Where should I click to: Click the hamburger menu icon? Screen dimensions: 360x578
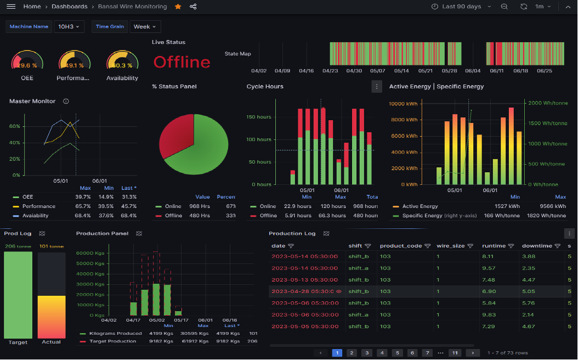click(11, 7)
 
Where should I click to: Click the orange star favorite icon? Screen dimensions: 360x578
click(178, 7)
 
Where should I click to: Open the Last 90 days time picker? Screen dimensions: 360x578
click(456, 7)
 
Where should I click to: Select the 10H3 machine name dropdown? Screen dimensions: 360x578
click(69, 26)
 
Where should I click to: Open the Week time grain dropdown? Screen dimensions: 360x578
click(145, 26)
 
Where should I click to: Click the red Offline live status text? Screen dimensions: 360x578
click(182, 62)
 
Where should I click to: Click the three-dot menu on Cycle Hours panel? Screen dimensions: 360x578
click(376, 86)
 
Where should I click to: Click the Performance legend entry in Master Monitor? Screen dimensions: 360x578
click(38, 206)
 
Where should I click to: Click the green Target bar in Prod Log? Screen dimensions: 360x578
click(18, 295)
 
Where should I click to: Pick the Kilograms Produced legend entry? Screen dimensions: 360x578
click(115, 333)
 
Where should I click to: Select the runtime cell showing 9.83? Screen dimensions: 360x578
click(489, 314)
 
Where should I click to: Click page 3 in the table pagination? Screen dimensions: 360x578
click(367, 353)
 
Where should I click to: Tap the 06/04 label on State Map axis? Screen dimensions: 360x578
click(473, 71)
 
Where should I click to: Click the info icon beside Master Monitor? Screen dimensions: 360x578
click(66, 102)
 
